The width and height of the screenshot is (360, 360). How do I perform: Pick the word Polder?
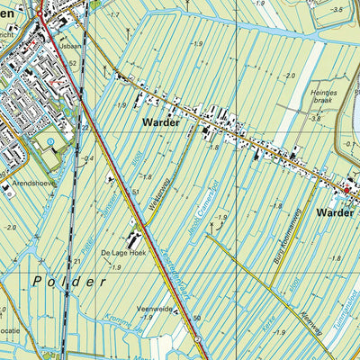68,282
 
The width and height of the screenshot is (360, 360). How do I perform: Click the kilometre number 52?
72,64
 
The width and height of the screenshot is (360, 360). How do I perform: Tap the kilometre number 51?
135,193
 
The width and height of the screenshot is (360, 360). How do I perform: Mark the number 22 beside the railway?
85,128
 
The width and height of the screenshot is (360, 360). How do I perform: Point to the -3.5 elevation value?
337,9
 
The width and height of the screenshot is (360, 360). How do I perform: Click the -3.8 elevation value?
315,118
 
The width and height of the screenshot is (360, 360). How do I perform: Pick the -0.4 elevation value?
88,159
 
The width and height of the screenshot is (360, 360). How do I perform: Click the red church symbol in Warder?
345,189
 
